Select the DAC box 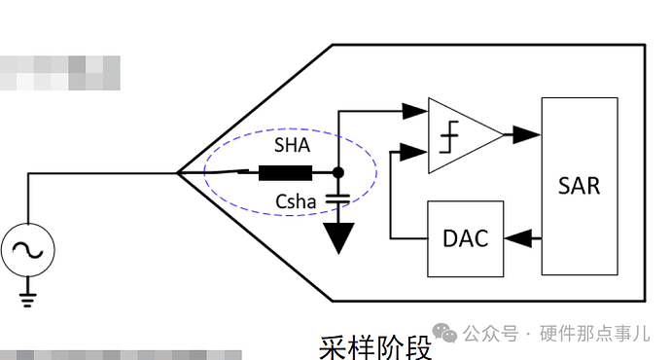466,238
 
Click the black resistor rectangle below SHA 285,174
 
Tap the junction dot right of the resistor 338,173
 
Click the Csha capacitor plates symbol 338,198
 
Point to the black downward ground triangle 338,239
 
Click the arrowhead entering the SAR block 530,134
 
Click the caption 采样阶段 375,345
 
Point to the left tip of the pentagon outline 178,173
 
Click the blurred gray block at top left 58,73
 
